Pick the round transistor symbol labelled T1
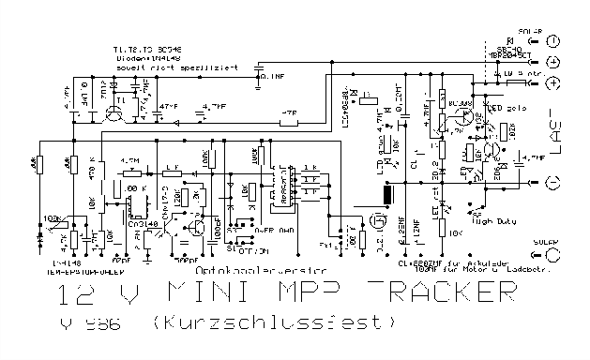click(x=114, y=115)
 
